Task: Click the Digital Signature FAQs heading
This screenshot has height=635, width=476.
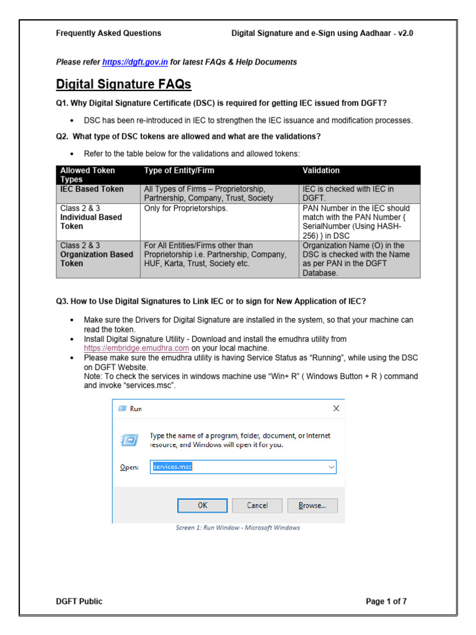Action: pos(123,84)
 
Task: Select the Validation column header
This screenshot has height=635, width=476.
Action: pos(321,171)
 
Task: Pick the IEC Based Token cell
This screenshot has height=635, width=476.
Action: pos(92,189)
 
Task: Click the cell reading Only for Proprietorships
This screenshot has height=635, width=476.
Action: pos(186,208)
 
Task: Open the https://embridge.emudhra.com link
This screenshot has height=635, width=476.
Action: pos(136,349)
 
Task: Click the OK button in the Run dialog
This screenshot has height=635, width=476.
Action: pos(203,505)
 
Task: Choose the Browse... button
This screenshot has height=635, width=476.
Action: pos(317,505)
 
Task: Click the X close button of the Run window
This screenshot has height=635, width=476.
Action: pos(336,408)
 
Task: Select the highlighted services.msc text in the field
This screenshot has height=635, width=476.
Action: pos(172,466)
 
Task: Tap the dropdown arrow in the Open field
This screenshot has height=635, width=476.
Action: pos(331,466)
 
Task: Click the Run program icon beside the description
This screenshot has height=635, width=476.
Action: pos(129,440)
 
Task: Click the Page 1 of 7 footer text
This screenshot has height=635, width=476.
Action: pos(386,601)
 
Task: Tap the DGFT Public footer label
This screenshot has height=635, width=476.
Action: pos(79,601)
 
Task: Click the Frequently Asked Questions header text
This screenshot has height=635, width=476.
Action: pos(108,33)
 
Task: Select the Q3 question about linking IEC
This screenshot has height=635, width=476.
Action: pos(211,301)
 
